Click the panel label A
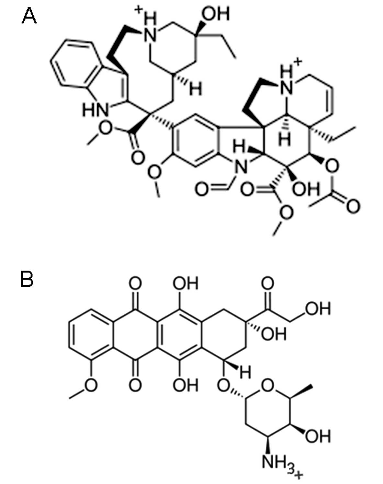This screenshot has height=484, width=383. pos(29,16)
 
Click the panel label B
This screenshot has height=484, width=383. pos(27,279)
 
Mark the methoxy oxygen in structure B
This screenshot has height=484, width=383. pos(91,385)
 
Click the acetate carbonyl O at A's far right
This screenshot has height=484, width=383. pos(353,206)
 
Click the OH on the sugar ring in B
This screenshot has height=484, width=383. pos(318,436)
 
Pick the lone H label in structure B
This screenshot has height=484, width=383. pos(245,373)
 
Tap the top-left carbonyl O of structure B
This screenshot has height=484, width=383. pos(135,284)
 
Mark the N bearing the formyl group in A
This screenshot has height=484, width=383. pos(241,167)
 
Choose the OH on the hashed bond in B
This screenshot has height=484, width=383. pos(274,334)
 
